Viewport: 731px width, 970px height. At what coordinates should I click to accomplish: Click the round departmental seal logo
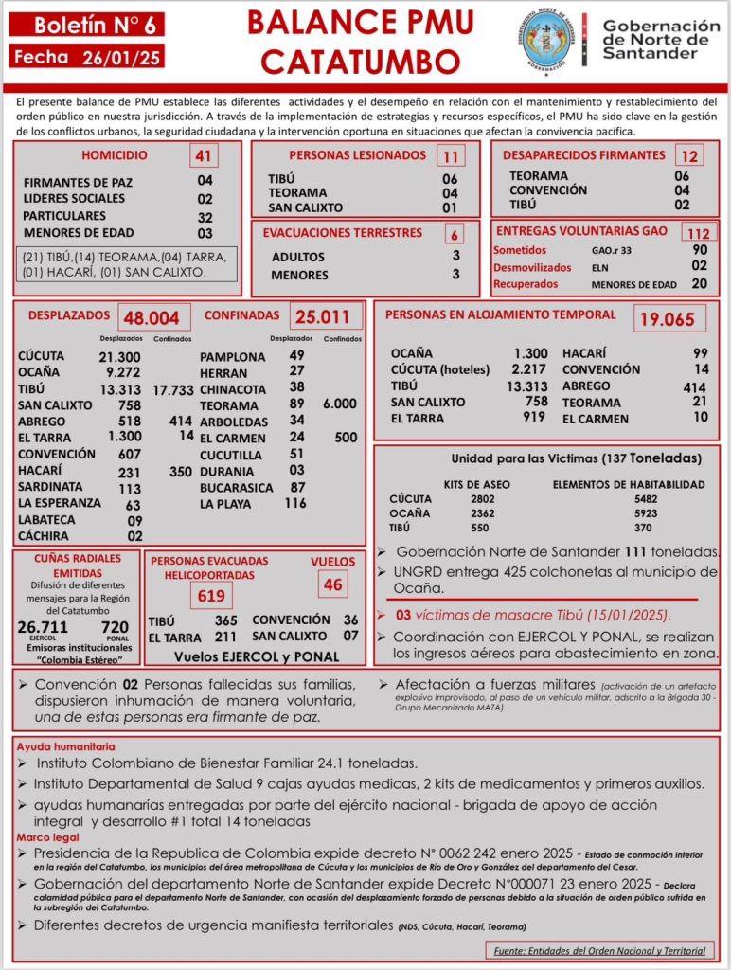549,40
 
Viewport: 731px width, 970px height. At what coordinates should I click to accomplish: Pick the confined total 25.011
323,317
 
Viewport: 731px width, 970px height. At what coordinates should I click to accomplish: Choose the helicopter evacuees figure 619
211,595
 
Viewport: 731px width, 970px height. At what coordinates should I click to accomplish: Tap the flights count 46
332,584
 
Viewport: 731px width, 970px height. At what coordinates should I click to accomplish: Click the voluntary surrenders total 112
699,233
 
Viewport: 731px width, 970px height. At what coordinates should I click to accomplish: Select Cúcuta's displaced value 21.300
119,356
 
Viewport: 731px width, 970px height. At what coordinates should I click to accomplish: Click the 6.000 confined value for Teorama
340,404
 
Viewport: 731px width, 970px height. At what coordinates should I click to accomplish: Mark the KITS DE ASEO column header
476,484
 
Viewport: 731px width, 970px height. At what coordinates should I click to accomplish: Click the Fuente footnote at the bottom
601,950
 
